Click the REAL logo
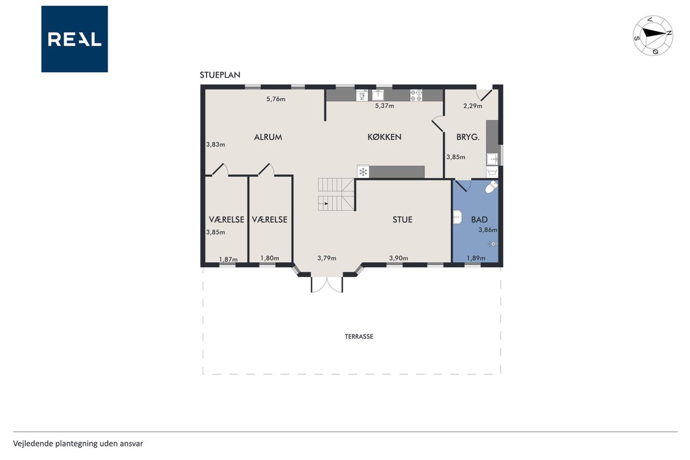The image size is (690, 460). [x=74, y=39]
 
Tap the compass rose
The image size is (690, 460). [x=653, y=36]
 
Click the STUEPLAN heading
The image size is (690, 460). [x=220, y=75]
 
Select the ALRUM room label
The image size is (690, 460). [x=268, y=137]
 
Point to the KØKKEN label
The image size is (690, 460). [x=384, y=137]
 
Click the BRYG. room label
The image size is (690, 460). [x=468, y=137]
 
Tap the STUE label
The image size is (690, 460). [x=402, y=219]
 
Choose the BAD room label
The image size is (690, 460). [x=479, y=219]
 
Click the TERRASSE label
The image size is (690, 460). [x=359, y=337]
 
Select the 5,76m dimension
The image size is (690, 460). [x=275, y=99]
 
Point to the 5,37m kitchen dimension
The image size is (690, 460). [x=384, y=106]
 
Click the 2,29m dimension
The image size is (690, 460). [x=473, y=106]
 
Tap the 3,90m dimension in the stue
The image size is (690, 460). [x=398, y=258]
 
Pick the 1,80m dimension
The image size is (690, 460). [x=270, y=258]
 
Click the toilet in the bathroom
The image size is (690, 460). [x=491, y=187]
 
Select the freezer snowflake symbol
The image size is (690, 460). [x=363, y=171]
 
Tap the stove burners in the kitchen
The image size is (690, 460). [x=416, y=95]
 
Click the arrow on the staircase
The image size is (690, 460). [x=324, y=204]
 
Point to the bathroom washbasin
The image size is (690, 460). [x=458, y=217]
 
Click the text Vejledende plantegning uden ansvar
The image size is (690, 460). [x=78, y=444]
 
